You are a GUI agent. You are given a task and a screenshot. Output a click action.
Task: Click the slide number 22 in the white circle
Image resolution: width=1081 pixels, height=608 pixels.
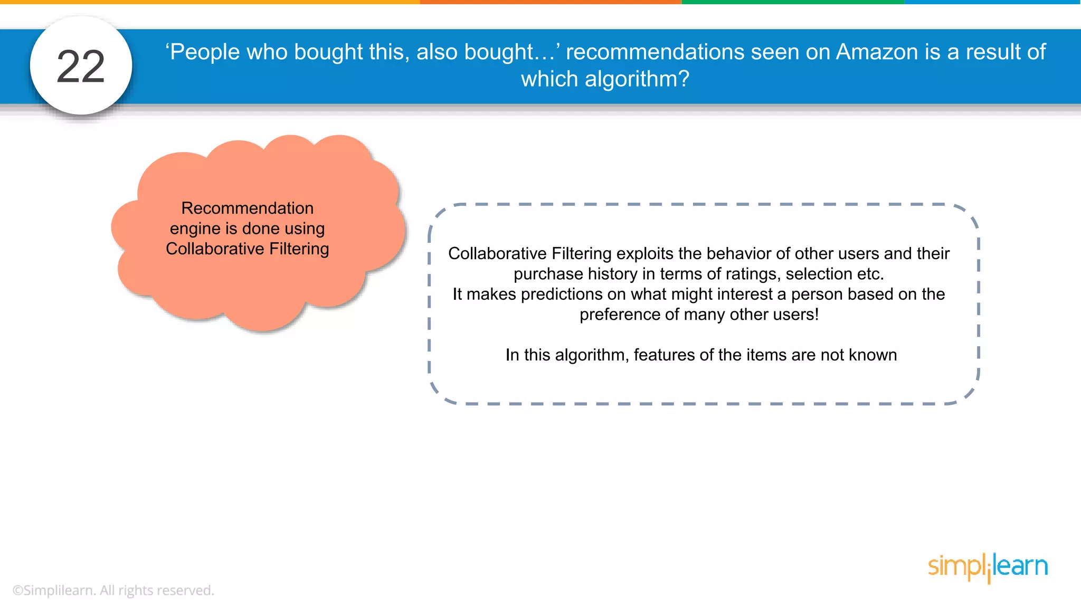coord(81,66)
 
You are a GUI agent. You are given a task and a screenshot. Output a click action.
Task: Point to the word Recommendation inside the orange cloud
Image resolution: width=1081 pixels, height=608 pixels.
coord(247,208)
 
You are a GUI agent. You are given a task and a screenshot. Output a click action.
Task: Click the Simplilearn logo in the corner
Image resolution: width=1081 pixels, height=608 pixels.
coord(988,567)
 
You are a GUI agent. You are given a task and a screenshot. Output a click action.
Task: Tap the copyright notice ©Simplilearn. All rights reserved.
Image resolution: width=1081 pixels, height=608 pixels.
coord(113,590)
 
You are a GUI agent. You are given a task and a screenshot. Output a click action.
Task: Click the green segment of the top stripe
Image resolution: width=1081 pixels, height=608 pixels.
coord(793,2)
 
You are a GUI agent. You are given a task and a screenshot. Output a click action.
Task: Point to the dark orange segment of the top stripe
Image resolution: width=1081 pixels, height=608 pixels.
coord(551,2)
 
